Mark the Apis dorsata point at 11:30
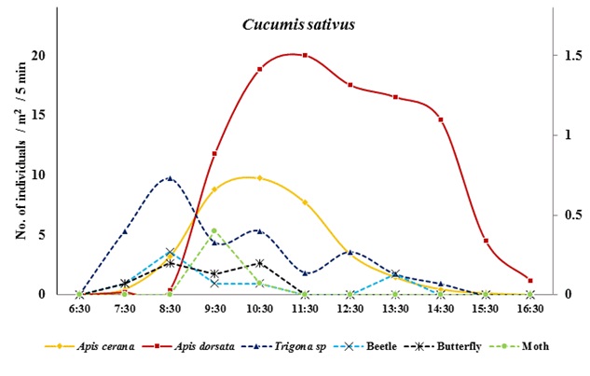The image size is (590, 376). pos(305,55)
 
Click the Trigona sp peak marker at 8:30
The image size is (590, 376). pos(170,177)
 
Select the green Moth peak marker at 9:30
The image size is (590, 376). pos(214,230)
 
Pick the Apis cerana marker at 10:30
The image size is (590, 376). pos(259,177)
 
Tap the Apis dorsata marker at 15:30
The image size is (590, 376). pos(486,241)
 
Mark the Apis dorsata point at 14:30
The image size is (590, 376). pos(440,119)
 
